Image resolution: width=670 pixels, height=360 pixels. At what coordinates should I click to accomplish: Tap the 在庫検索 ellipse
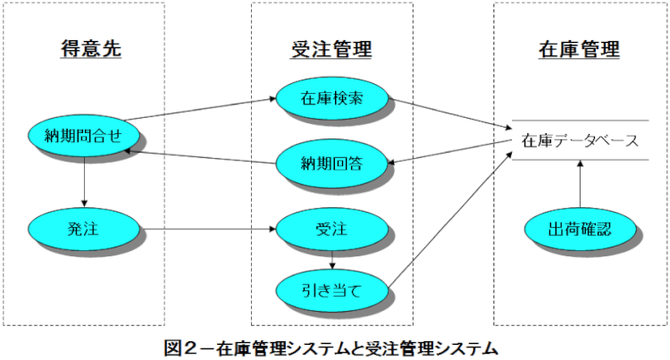click(x=331, y=96)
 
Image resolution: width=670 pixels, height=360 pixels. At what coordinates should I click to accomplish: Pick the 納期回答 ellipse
click(x=331, y=163)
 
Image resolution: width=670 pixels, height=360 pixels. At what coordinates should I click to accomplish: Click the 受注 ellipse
click(x=331, y=230)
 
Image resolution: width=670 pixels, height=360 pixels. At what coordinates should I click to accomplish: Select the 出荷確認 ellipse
click(x=580, y=229)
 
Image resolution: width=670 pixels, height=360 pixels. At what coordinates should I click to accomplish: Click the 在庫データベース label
click(x=579, y=141)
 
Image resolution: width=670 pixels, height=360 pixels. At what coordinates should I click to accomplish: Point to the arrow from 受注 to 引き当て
click(x=332, y=260)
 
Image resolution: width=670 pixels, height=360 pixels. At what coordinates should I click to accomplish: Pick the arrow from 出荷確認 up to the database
click(x=580, y=186)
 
